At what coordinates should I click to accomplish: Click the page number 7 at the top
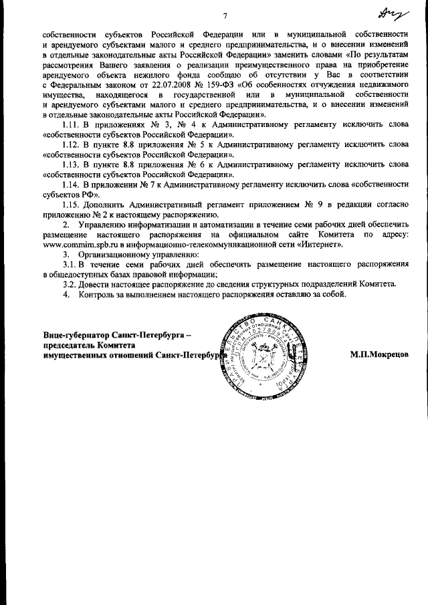(x=226, y=16)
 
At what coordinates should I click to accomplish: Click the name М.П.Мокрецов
(x=379, y=355)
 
